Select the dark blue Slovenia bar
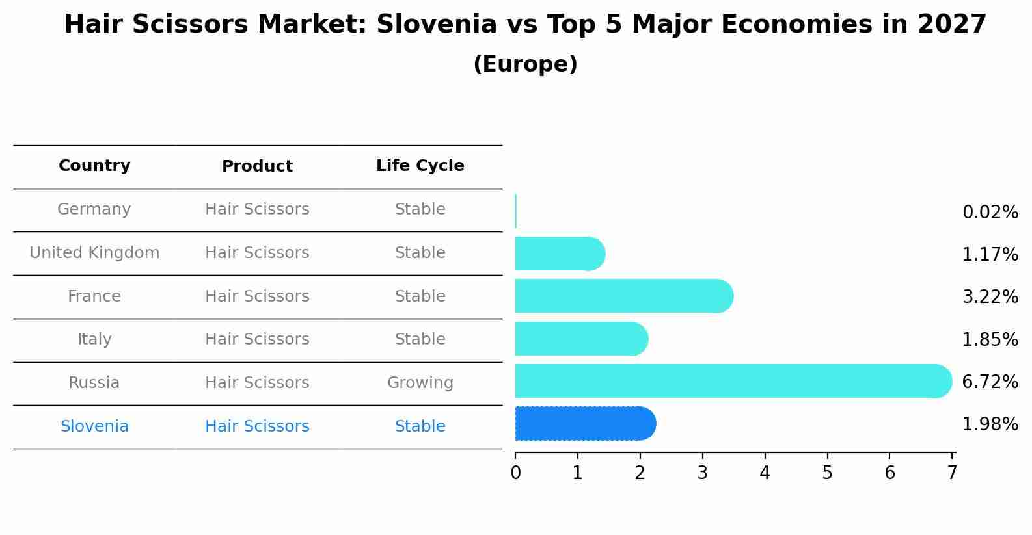click(585, 424)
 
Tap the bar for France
click(623, 296)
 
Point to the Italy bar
click(581, 339)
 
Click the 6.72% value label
click(990, 382)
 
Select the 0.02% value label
click(990, 213)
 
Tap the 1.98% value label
click(990, 424)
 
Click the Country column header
click(94, 166)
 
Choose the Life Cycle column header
click(420, 166)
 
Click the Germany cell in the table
click(94, 209)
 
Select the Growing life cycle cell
click(420, 383)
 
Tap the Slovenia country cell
click(94, 426)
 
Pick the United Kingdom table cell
click(94, 253)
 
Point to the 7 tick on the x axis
click(952, 473)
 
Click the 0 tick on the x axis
click(515, 473)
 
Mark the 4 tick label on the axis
click(765, 473)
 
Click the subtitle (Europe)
click(525, 64)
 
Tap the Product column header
click(257, 166)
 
